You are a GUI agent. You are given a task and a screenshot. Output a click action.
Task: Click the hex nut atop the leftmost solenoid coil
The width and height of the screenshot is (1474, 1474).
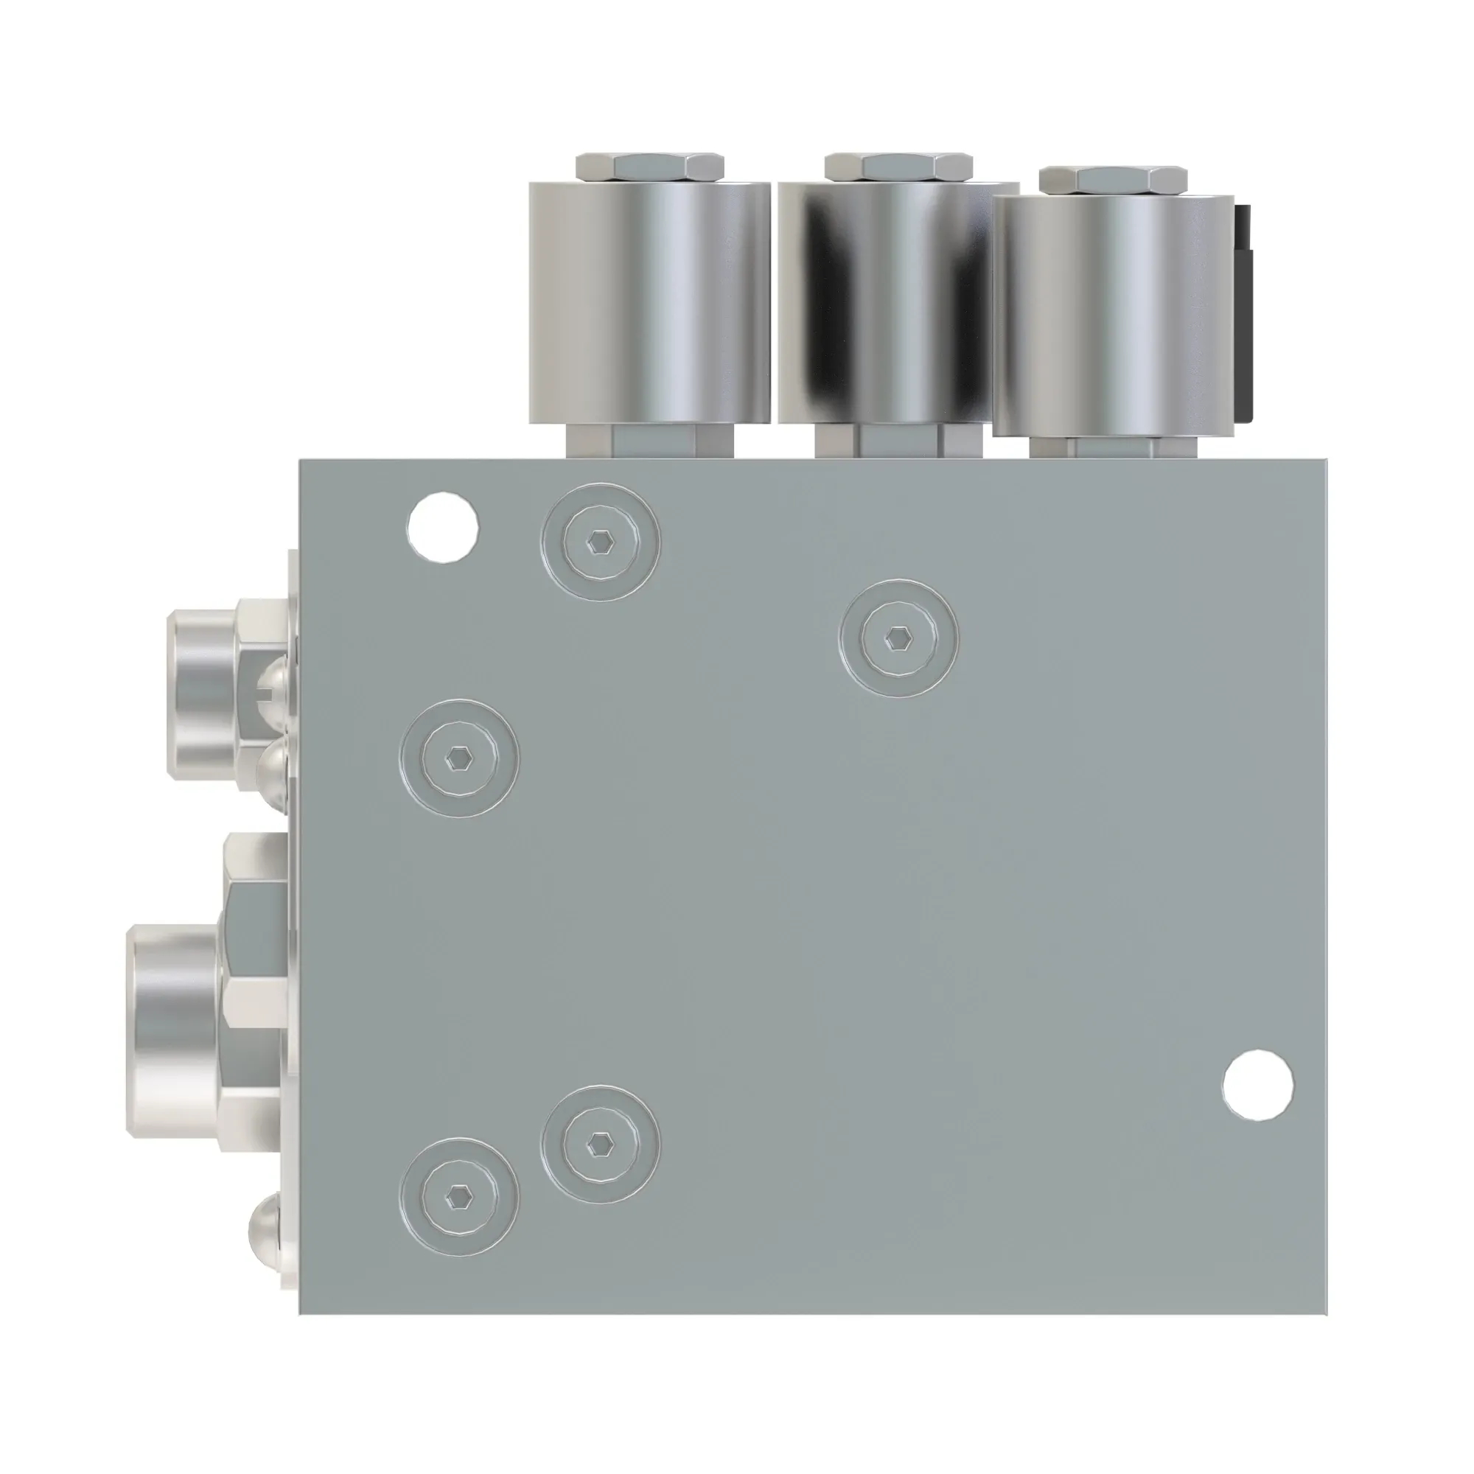point(649,166)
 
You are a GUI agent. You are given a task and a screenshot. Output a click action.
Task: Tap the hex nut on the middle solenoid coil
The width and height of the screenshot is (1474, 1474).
point(898,166)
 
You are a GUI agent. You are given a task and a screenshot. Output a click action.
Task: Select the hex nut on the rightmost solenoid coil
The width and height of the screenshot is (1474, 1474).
point(1112,179)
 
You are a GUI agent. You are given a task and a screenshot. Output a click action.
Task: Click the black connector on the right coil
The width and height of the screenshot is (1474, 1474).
point(1243,312)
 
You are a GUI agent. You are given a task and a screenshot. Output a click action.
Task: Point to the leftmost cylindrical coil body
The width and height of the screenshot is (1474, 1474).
point(649,301)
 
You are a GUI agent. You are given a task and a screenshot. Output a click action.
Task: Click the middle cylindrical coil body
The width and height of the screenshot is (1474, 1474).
point(898,301)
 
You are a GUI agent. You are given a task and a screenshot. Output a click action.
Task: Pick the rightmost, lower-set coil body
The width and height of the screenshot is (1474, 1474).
point(1112,315)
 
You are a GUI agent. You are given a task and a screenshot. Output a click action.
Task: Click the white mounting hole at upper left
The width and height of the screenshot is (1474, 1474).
point(443,528)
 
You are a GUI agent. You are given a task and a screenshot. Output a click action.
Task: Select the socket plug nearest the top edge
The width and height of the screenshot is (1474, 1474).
point(601,542)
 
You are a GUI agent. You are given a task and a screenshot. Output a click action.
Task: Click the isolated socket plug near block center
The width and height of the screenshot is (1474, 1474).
point(898,638)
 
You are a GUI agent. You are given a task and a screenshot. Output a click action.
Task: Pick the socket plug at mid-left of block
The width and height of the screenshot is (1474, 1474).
point(458,758)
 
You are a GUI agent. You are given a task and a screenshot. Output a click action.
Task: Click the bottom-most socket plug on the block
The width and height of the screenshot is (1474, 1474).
point(458,1196)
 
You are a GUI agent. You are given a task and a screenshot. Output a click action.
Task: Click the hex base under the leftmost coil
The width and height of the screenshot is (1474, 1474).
point(649,441)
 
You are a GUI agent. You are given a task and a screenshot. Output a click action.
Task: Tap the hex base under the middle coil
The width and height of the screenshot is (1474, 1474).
point(898,441)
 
